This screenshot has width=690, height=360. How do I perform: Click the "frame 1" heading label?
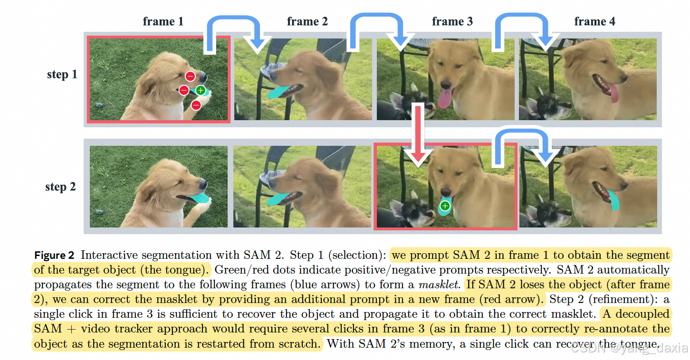coord(163,21)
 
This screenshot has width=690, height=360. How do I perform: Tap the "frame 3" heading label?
coord(452,21)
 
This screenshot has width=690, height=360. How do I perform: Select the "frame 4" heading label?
coord(594,21)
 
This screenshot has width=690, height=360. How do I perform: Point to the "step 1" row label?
coord(62,75)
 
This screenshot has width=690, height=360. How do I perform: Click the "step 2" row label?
coord(60,187)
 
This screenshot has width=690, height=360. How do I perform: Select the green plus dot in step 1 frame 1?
coord(201,90)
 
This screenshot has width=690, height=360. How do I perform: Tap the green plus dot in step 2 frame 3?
coord(445,206)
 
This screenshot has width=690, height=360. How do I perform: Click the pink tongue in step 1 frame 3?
coord(446,97)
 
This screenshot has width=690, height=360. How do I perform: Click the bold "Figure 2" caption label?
coord(54,256)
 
